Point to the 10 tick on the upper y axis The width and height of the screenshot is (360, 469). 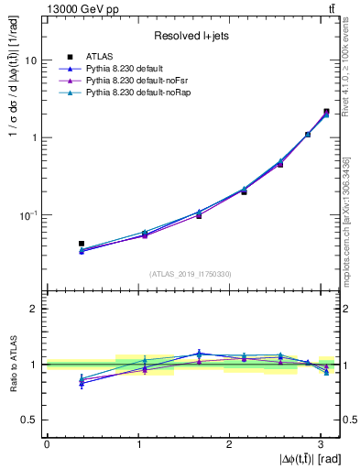tap(34, 60)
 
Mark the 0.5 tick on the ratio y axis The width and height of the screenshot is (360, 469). tap(33, 420)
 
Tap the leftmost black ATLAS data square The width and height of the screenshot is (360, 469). tap(82, 244)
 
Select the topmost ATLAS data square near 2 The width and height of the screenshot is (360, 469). tap(326, 112)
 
